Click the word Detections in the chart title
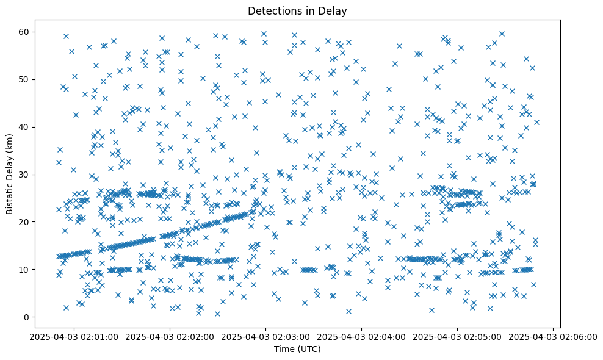click(x=269, y=10)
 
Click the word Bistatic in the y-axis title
click(x=9, y=194)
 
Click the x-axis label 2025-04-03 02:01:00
click(x=74, y=336)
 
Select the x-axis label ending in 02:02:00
click(x=170, y=336)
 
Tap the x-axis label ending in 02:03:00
click(x=265, y=336)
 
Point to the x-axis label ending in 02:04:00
click(x=361, y=336)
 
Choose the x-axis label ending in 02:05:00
click(x=457, y=336)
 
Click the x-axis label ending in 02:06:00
click(x=553, y=336)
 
